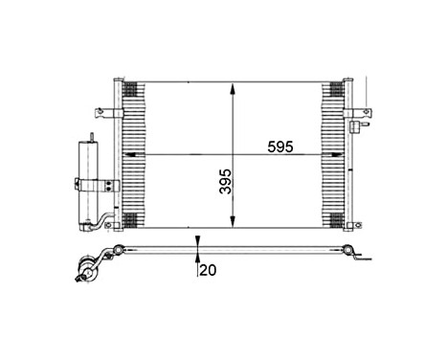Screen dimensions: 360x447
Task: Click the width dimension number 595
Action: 281,147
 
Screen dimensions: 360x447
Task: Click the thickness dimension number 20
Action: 209,271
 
